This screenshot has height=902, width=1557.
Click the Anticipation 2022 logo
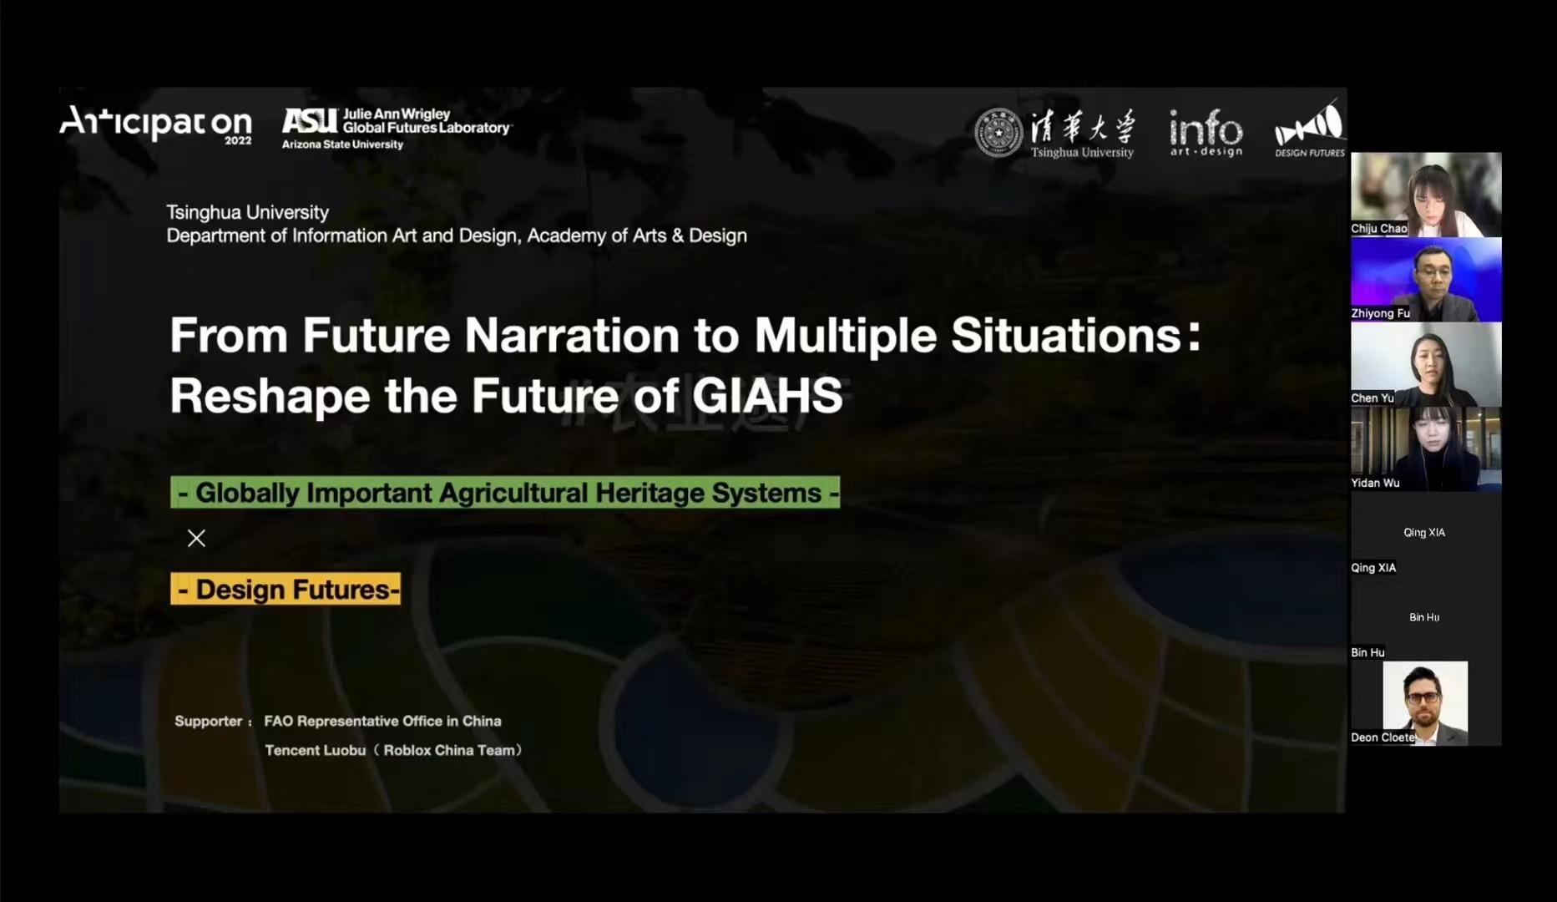[156, 124]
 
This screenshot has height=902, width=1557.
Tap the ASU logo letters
[309, 121]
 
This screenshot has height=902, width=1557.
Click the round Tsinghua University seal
[998, 133]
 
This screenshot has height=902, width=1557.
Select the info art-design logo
[1206, 133]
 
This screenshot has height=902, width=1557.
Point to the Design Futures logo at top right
[1309, 129]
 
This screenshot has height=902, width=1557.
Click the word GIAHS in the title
[767, 395]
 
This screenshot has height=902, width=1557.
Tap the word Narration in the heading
[572, 335]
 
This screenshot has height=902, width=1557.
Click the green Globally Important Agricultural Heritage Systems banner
[505, 493]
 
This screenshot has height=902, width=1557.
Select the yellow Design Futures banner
[286, 589]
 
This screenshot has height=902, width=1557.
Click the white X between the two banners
[196, 538]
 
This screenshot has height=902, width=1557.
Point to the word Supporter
[209, 721]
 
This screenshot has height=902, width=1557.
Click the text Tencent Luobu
[315, 750]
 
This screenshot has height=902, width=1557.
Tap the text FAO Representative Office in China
[382, 721]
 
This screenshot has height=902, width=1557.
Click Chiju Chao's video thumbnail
[1426, 195]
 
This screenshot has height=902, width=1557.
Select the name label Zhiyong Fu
[1380, 313]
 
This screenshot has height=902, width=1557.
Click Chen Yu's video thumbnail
[1426, 364]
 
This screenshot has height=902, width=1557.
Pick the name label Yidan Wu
[1375, 483]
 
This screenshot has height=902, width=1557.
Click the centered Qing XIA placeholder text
[1424, 532]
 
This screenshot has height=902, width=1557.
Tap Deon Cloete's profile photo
[1425, 703]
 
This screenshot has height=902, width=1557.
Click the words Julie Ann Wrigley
[397, 114]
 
